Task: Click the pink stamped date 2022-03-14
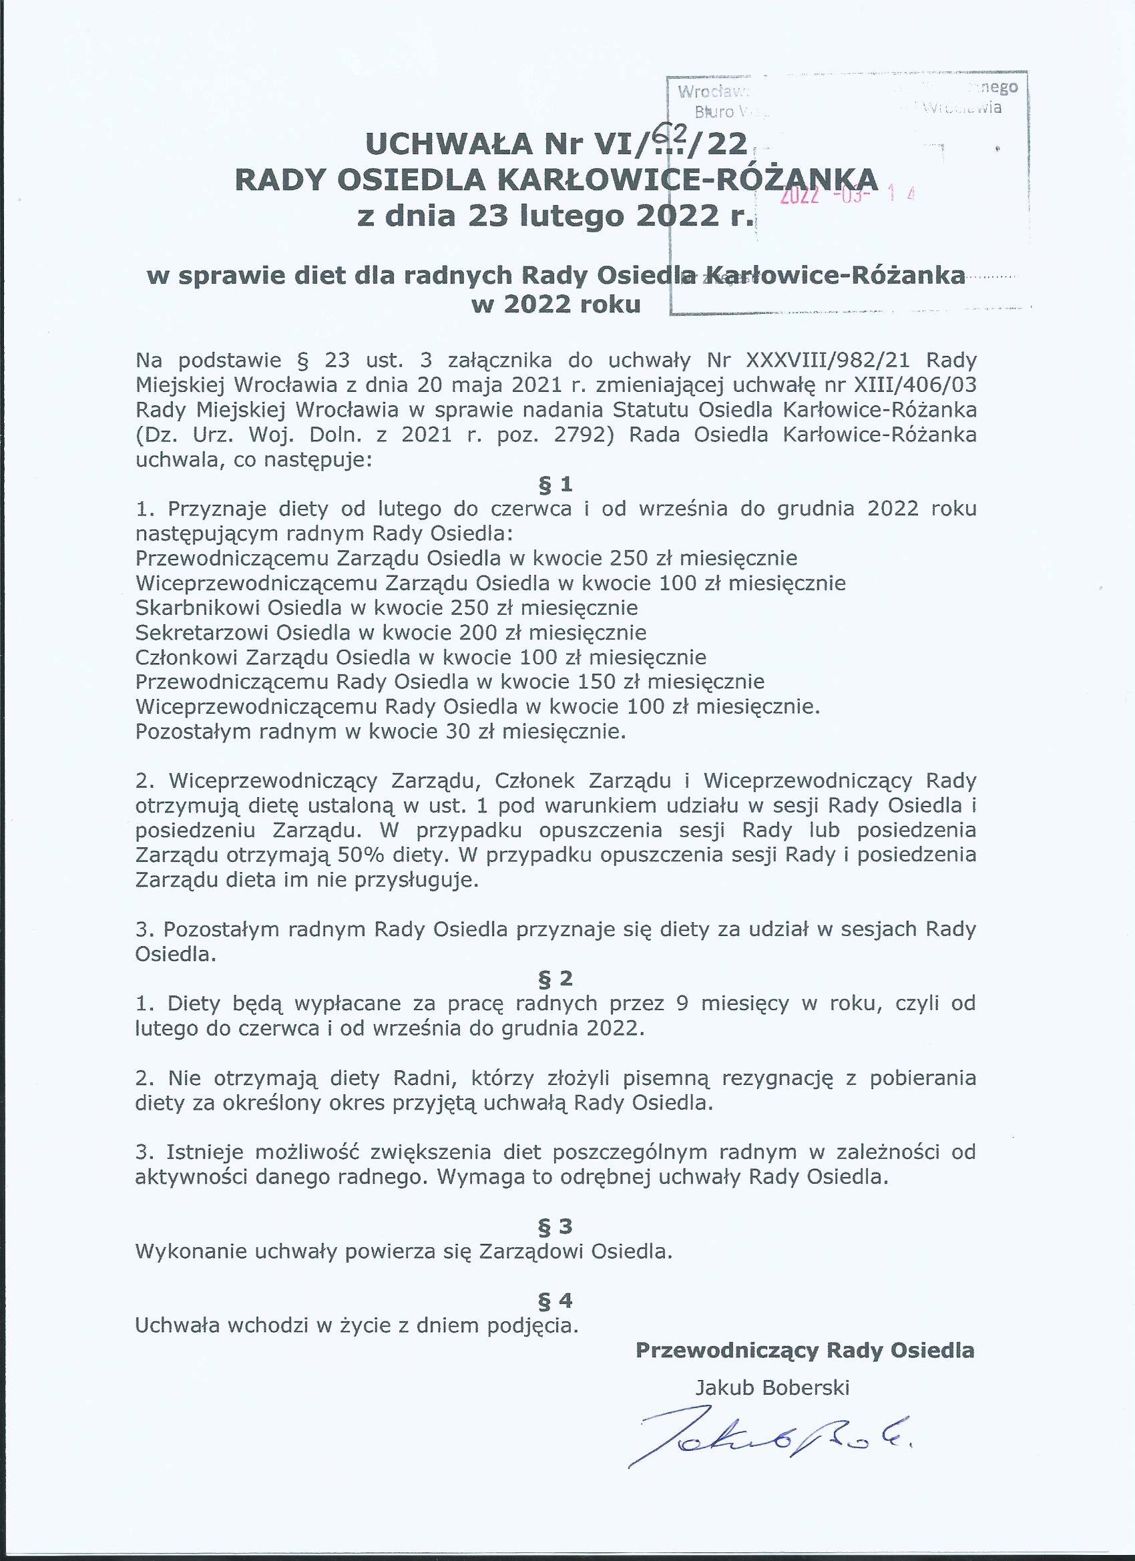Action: [x=847, y=195]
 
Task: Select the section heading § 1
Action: [x=555, y=485]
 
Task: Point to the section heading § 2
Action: [x=555, y=978]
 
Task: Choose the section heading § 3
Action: [x=555, y=1226]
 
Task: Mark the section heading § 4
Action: [x=555, y=1300]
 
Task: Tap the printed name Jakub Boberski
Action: [x=772, y=1387]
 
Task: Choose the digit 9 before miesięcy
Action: [x=682, y=1003]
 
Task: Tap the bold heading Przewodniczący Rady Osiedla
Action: [x=805, y=1351]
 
